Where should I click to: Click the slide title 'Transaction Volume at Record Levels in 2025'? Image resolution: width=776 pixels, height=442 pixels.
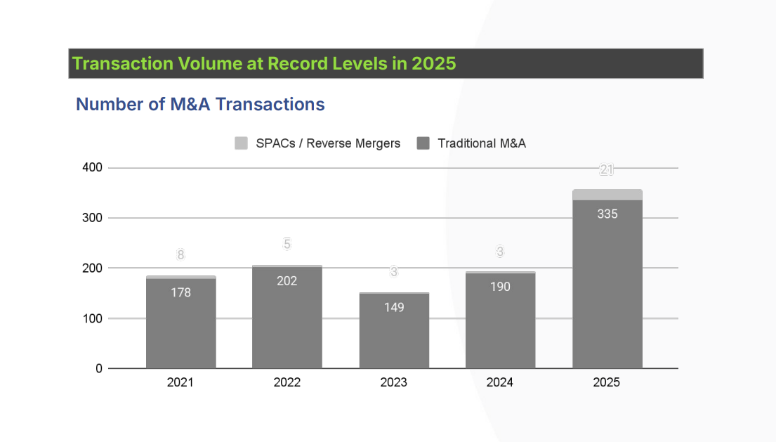264,63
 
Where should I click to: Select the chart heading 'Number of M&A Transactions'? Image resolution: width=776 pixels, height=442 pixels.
200,105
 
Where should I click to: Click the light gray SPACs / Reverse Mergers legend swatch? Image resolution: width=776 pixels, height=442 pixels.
242,143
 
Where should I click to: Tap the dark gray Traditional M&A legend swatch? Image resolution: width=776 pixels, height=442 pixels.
423,143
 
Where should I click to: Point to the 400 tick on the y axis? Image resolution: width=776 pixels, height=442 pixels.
93,168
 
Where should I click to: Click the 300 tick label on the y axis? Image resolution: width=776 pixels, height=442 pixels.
93,218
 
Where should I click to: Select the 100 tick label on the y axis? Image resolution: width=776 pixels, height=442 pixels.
93,318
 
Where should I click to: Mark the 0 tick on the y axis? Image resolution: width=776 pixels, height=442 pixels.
98,368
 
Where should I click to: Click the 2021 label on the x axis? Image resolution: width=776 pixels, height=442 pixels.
180,382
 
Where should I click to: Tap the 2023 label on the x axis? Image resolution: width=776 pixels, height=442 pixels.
393,382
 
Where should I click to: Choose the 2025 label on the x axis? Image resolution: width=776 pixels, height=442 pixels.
607,382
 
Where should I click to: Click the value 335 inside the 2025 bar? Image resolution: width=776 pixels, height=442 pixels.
607,214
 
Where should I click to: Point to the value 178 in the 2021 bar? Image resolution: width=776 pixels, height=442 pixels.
180,292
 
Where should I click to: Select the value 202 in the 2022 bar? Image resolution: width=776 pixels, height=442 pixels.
287,281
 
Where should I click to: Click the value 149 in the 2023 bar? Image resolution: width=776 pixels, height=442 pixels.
394,307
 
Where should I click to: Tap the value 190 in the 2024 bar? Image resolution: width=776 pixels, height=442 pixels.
500,287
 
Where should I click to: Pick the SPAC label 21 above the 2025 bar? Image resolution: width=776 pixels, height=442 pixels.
607,169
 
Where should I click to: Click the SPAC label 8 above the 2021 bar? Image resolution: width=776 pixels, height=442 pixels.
180,255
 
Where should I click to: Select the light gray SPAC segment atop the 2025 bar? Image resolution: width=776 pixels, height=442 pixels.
607,195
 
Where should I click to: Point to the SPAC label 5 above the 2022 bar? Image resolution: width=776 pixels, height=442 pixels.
287,244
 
